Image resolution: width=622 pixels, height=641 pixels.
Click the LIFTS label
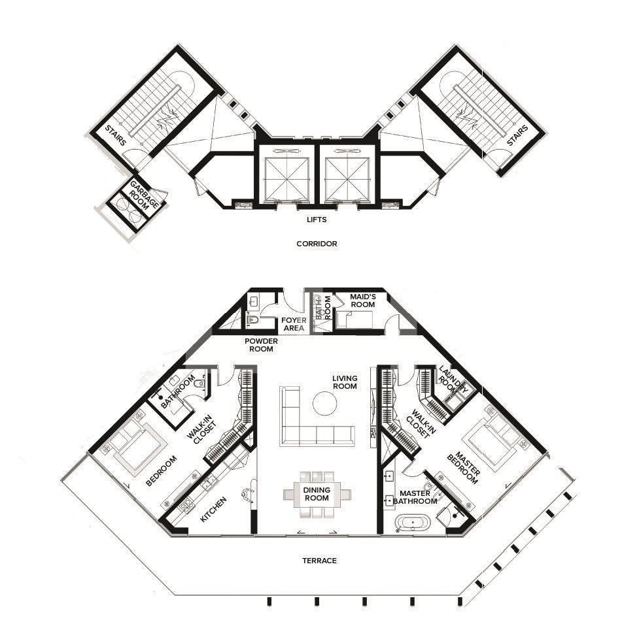point(317,220)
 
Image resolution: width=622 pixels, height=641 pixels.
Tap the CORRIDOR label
point(317,244)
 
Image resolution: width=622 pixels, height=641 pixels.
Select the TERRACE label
point(320,561)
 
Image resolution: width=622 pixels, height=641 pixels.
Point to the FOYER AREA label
point(294,324)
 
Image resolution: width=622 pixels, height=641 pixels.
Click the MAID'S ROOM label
point(362,301)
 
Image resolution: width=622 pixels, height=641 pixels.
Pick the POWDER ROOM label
point(261,345)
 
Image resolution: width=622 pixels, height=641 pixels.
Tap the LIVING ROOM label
point(345,382)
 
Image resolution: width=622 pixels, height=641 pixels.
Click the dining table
point(317,495)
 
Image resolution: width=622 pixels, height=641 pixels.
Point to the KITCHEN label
point(213,510)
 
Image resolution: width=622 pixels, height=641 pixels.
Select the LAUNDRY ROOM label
point(452,380)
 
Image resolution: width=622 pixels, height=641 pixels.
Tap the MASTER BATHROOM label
point(415,497)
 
